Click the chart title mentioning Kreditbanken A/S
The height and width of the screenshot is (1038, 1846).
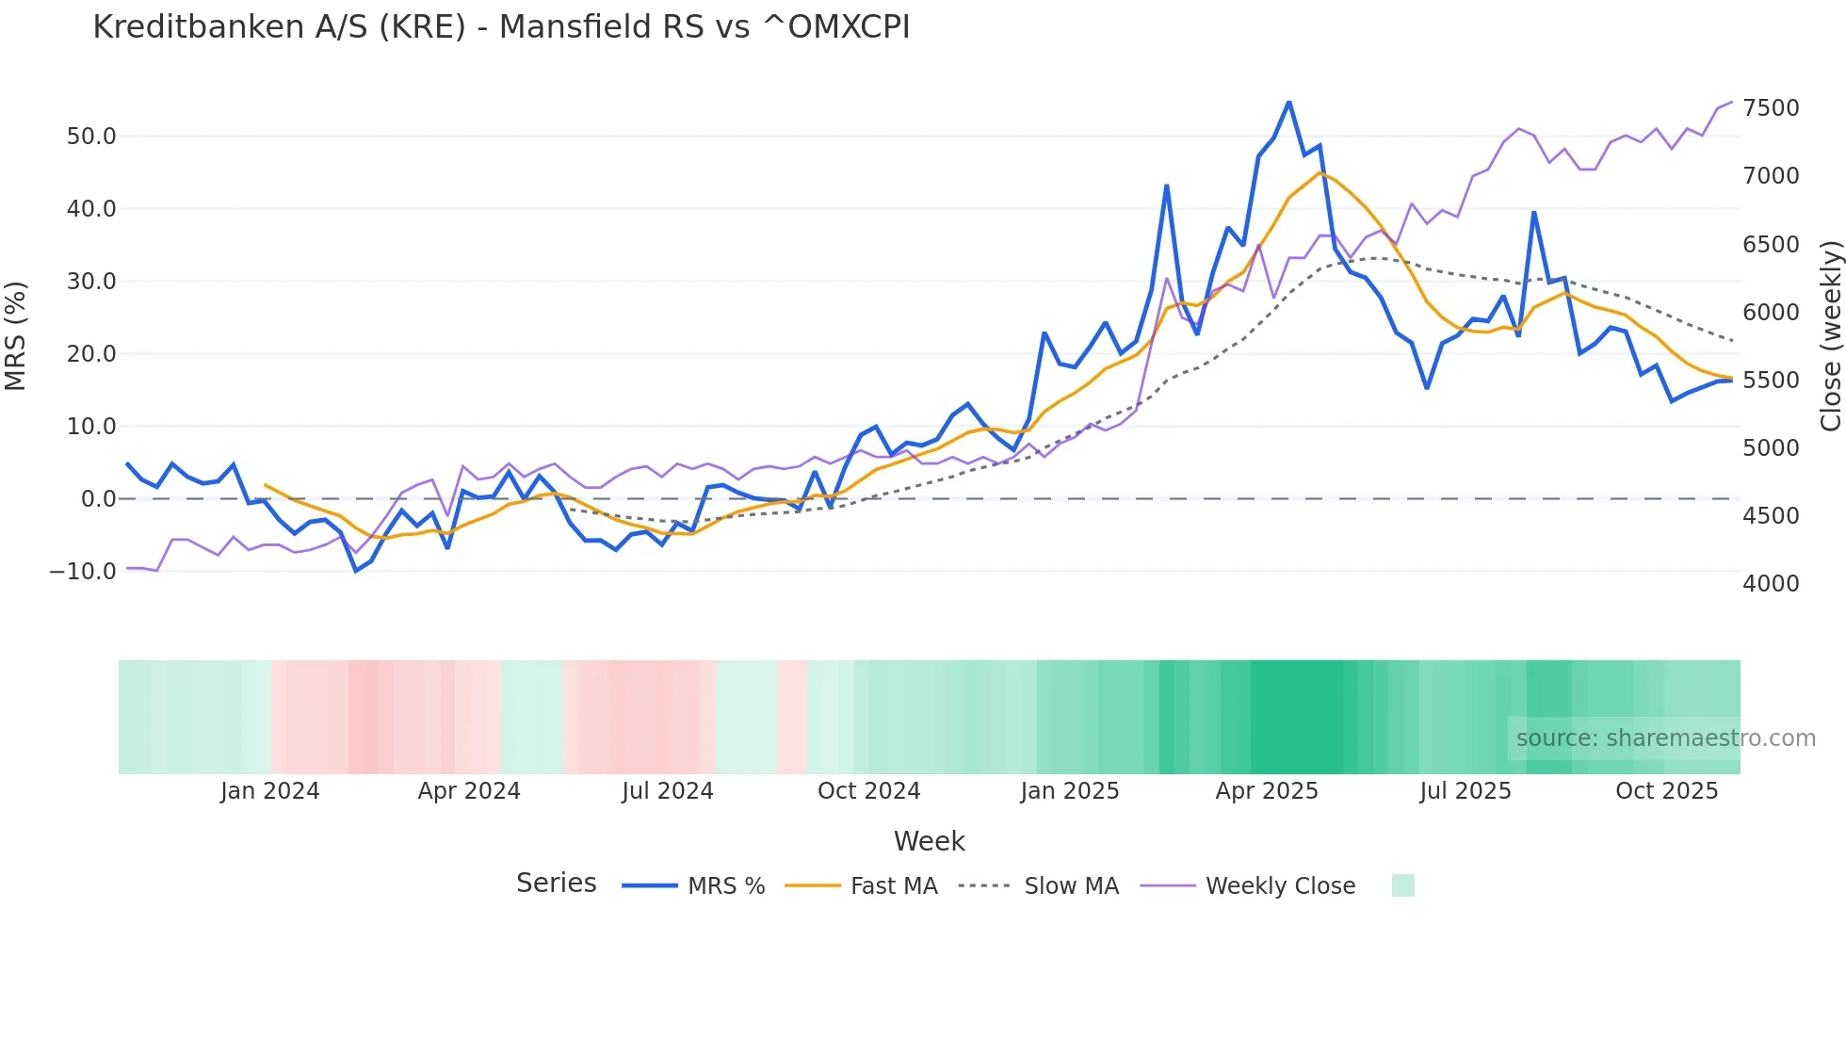(x=501, y=27)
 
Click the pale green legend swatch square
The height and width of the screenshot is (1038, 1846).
(x=1402, y=885)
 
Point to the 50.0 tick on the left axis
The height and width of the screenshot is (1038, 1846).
(x=91, y=137)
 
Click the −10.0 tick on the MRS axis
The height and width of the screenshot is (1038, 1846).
(x=83, y=572)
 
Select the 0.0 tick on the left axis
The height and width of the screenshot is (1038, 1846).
(x=98, y=499)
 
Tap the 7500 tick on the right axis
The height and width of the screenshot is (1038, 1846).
(x=1771, y=108)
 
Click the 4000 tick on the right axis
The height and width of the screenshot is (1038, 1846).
(x=1771, y=584)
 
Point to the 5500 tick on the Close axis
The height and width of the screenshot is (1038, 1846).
(x=1771, y=381)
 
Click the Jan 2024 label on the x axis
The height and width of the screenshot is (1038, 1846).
(x=270, y=791)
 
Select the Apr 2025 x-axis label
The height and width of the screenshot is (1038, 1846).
(x=1267, y=791)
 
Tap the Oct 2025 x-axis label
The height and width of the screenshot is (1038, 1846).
(x=1666, y=791)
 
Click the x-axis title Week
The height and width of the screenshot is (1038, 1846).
(x=929, y=841)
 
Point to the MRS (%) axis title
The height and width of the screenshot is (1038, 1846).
(x=15, y=336)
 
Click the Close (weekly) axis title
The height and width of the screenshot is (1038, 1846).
(x=1830, y=336)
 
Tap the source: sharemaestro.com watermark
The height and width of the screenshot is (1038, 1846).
(x=1665, y=738)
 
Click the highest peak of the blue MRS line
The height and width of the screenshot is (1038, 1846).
(x=1288, y=102)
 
